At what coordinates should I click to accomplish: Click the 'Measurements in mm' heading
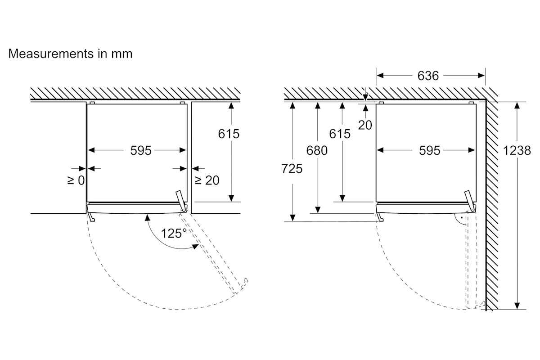[x=70, y=54]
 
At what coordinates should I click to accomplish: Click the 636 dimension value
[x=428, y=76]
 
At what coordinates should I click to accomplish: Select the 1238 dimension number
[x=517, y=151]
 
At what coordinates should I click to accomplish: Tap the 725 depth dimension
[x=292, y=169]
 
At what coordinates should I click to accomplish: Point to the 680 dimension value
[x=317, y=151]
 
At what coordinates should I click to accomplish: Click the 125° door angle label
[x=174, y=233]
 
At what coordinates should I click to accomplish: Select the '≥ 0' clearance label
[x=76, y=180]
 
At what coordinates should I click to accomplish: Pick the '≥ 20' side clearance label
[x=207, y=180]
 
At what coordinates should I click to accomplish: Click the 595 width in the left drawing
[x=141, y=150]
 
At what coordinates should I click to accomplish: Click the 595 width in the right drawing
[x=429, y=150]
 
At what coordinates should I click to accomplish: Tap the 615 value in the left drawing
[x=229, y=134]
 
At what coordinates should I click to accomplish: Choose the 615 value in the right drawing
[x=340, y=134]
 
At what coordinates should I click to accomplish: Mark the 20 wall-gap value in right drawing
[x=365, y=125]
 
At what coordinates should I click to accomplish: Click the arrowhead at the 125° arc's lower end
[x=195, y=247]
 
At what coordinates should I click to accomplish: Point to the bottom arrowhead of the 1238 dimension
[x=517, y=306]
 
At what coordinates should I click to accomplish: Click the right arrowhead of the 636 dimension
[x=481, y=76]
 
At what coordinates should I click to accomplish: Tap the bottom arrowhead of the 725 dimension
[x=292, y=218]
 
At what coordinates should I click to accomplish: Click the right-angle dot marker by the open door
[x=461, y=217]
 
